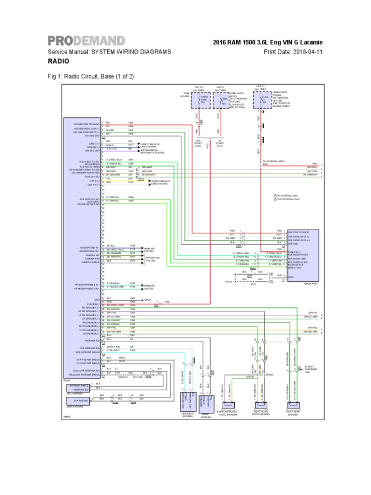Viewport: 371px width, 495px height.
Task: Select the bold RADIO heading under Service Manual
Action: tap(57, 61)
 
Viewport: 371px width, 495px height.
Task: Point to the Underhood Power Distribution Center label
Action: tap(282, 99)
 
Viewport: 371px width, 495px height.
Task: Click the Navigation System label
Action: tap(150, 260)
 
